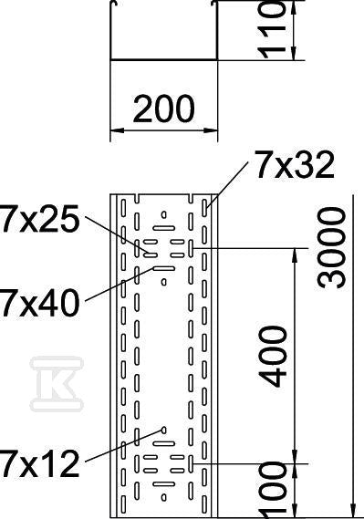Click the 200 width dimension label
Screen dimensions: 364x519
click(163, 109)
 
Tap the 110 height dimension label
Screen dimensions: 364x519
click(271, 29)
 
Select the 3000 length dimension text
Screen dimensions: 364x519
click(331, 247)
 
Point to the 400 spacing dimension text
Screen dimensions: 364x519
click(273, 357)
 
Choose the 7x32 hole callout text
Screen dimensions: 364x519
click(294, 165)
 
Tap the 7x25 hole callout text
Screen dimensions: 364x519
click(40, 218)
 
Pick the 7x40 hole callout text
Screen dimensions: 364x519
click(40, 302)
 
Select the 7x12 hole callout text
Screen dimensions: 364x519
click(40, 462)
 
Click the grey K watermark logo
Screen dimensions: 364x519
click(57, 384)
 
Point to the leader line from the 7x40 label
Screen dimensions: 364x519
click(120, 285)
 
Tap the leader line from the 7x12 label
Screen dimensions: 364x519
click(124, 445)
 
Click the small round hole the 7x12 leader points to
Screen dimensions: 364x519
click(163, 430)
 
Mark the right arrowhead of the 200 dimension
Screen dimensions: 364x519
click(211, 130)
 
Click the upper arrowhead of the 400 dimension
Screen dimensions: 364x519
click(295, 254)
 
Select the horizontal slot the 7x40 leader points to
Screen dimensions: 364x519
click(164, 268)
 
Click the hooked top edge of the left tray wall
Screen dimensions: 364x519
click(113, 3)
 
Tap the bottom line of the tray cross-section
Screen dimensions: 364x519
click(164, 59)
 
